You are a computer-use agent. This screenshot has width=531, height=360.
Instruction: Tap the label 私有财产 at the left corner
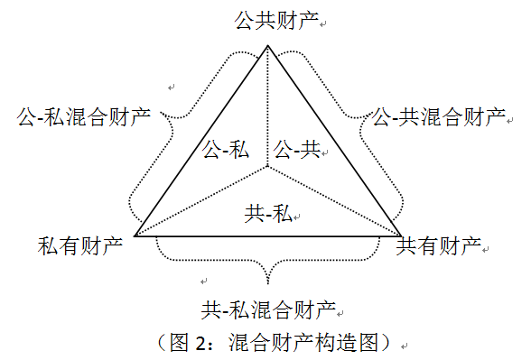(79, 245)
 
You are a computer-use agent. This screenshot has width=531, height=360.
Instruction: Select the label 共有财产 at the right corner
(439, 245)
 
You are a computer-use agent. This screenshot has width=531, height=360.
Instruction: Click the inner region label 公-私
(225, 149)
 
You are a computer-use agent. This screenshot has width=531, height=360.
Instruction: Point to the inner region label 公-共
(297, 149)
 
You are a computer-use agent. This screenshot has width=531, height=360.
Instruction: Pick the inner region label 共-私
(267, 214)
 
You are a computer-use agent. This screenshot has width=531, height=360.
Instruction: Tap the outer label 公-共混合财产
(440, 116)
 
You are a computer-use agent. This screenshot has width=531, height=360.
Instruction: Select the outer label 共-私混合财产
(268, 310)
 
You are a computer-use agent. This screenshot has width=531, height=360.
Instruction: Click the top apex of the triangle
(268, 45)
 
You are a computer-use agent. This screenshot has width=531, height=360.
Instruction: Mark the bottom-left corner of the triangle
(135, 237)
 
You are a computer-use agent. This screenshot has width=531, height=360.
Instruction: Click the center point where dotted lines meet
(268, 167)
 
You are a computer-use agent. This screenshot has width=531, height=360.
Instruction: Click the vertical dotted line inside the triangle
(268, 108)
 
